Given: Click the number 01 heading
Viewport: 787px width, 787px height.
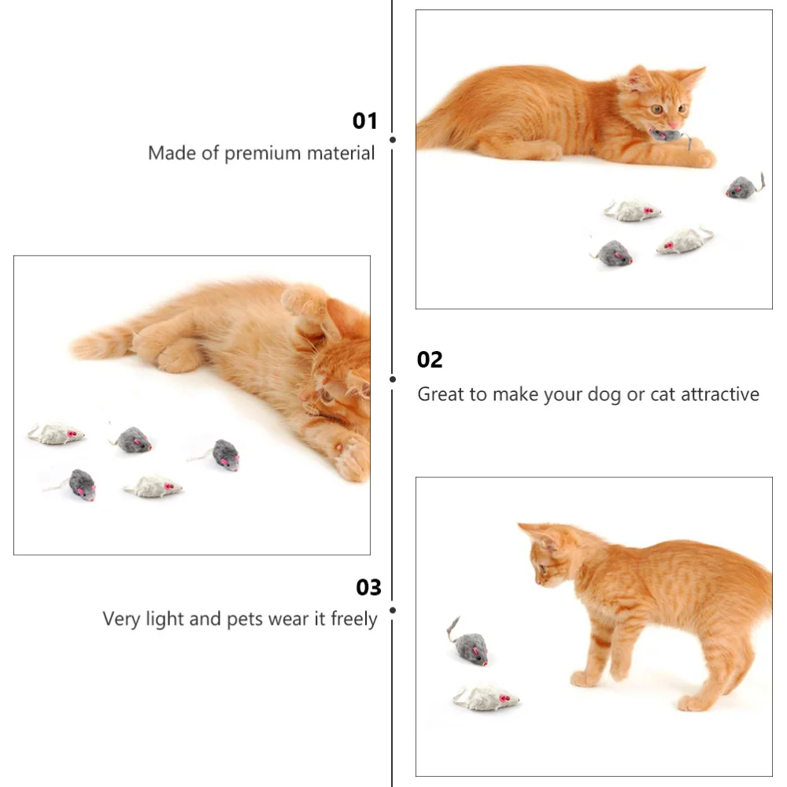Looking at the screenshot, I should [x=364, y=120].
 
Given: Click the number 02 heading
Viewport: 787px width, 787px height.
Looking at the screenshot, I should [x=430, y=360].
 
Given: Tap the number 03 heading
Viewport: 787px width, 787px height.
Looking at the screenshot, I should [x=368, y=587].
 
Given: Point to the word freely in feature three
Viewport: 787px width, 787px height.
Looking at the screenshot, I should [x=353, y=619].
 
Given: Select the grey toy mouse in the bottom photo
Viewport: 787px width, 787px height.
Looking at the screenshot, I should [x=470, y=648].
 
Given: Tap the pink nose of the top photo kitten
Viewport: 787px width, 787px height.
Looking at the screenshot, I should [x=674, y=124].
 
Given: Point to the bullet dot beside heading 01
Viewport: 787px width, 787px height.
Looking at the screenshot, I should [x=392, y=139].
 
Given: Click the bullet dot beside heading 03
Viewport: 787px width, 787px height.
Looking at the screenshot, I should [x=392, y=609].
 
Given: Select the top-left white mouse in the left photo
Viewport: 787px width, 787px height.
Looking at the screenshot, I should [x=57, y=433].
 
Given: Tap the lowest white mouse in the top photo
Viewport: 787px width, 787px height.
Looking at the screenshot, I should [x=683, y=240].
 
